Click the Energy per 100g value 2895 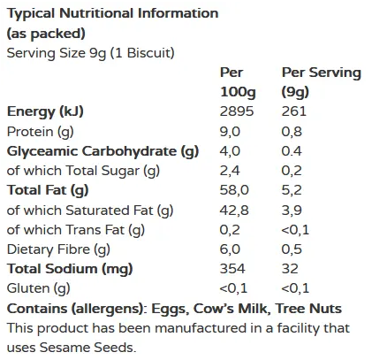click(236, 111)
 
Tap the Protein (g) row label click(39, 131)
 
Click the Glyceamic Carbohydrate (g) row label click(103, 150)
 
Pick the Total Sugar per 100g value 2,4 click(230, 171)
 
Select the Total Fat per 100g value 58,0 click(233, 190)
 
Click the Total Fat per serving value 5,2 click(292, 190)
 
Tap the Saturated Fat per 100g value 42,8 click(233, 210)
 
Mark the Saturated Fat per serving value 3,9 click(292, 210)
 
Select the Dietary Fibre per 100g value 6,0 click(230, 249)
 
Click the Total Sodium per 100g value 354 click(232, 269)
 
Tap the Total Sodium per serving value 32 click(290, 269)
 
